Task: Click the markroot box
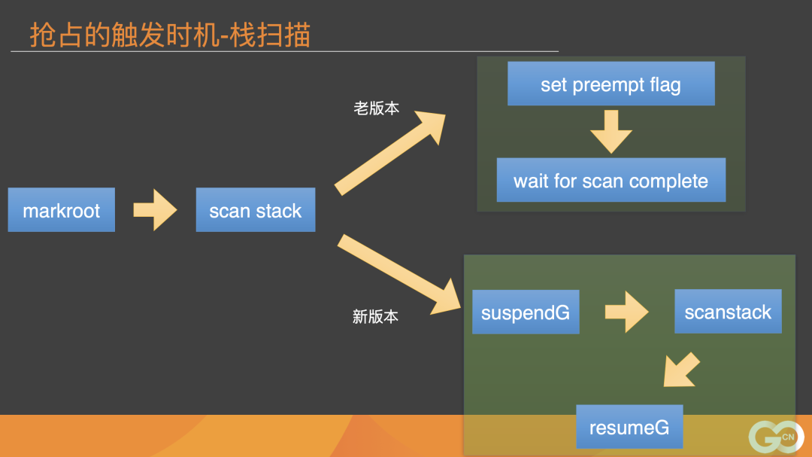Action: (x=62, y=210)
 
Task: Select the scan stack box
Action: (x=256, y=210)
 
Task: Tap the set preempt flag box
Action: (x=611, y=84)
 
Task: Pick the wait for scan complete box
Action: (x=611, y=181)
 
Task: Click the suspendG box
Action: (x=526, y=312)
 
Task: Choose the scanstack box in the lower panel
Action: (x=728, y=312)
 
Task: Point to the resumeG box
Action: (x=629, y=427)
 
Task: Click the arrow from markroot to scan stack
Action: (x=155, y=210)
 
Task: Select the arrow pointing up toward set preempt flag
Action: (x=391, y=151)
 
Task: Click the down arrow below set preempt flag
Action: (x=611, y=132)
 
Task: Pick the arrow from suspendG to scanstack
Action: (x=626, y=312)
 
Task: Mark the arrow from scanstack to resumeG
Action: (x=680, y=370)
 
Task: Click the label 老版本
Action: (x=376, y=108)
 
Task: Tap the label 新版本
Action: (x=375, y=316)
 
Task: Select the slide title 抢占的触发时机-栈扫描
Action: (x=170, y=35)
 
